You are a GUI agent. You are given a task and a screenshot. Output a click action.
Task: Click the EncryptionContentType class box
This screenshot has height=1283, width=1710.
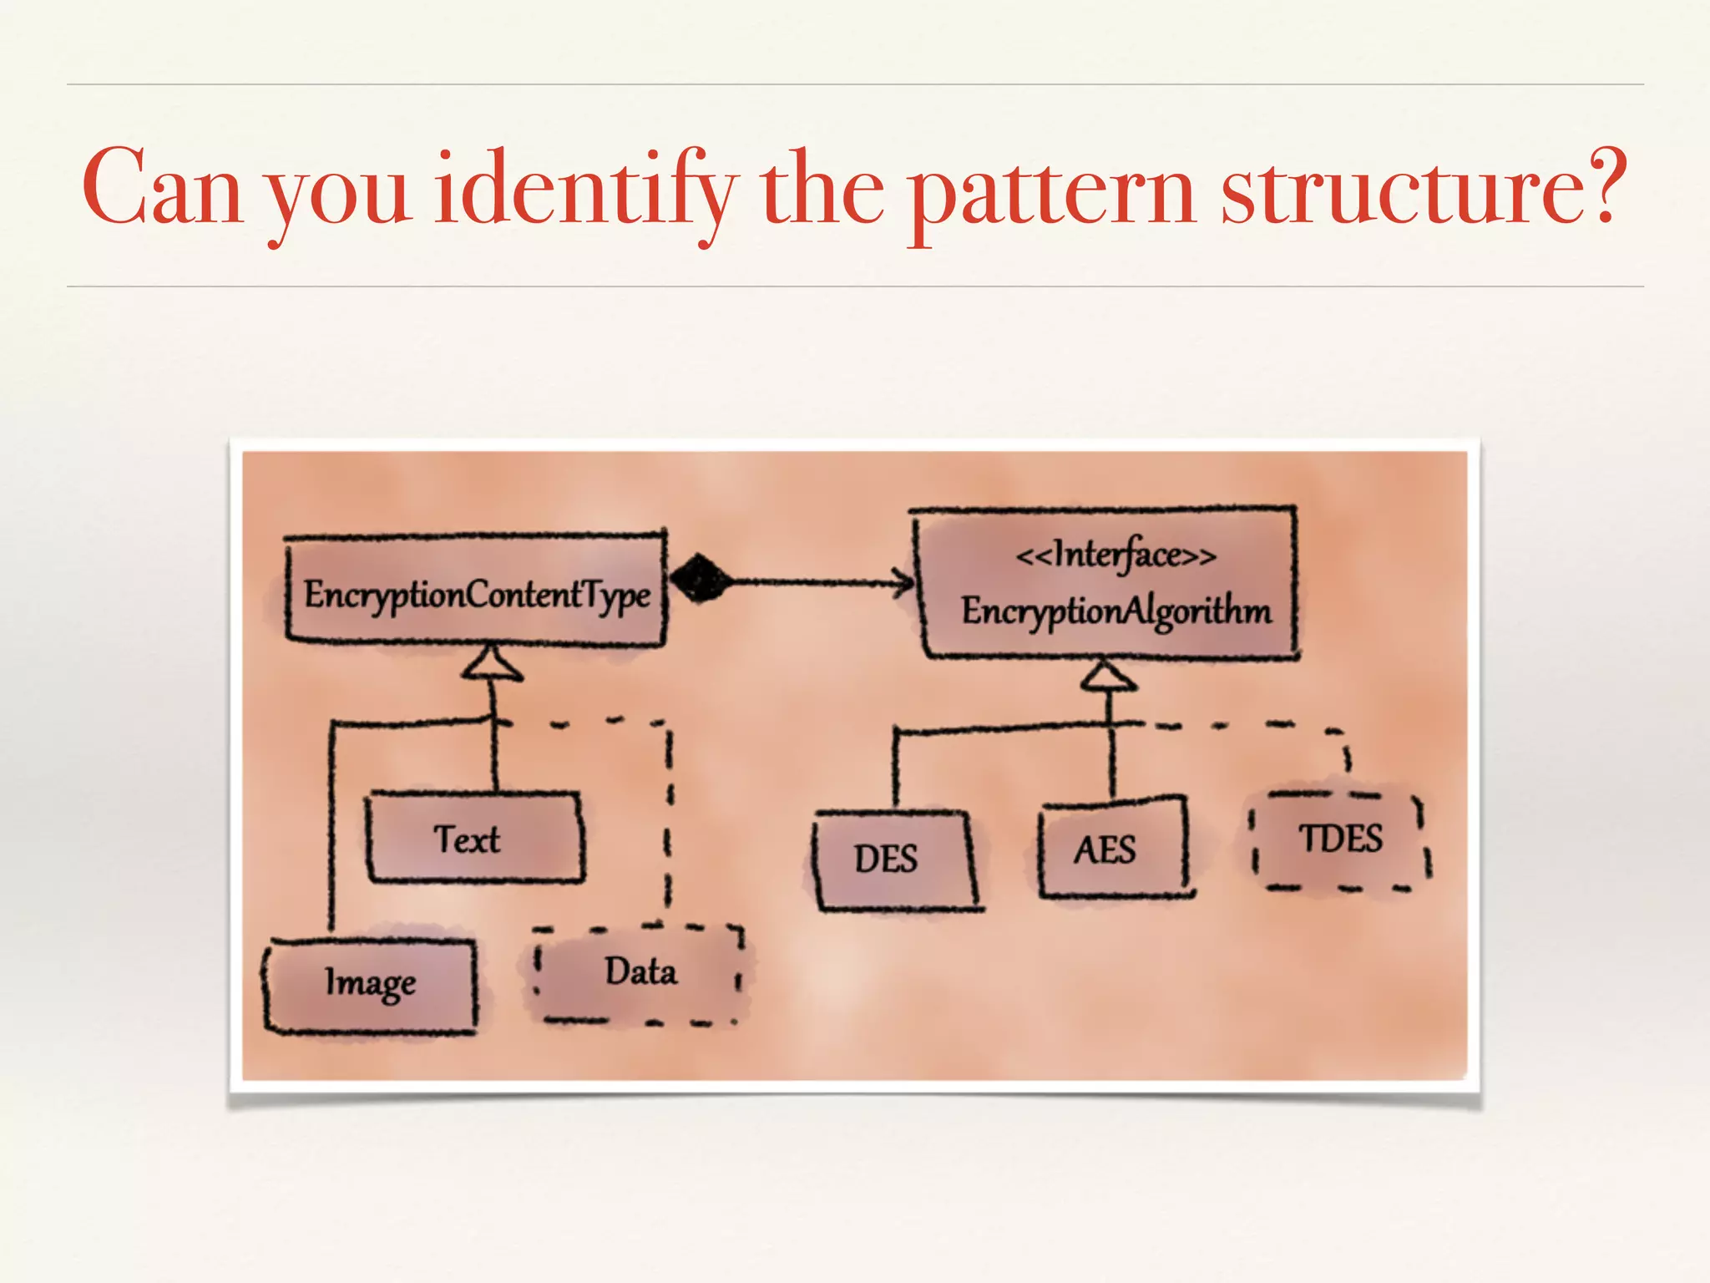476,591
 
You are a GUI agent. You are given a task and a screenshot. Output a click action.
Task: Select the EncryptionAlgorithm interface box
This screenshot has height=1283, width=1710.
1107,585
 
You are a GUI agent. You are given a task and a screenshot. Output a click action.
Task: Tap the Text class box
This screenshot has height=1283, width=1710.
474,838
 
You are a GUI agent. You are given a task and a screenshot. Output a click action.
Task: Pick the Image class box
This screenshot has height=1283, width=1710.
371,986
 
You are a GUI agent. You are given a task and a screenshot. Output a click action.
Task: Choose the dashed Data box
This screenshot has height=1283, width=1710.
639,973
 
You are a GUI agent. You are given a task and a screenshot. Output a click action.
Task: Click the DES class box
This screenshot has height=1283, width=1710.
893,860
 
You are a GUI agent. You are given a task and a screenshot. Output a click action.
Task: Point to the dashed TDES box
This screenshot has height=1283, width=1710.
1340,840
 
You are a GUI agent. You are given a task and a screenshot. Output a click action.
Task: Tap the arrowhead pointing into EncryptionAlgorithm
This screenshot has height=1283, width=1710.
903,581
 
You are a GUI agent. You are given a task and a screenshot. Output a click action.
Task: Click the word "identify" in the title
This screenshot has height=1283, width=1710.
583,190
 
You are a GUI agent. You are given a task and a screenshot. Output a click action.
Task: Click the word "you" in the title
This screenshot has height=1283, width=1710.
338,197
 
